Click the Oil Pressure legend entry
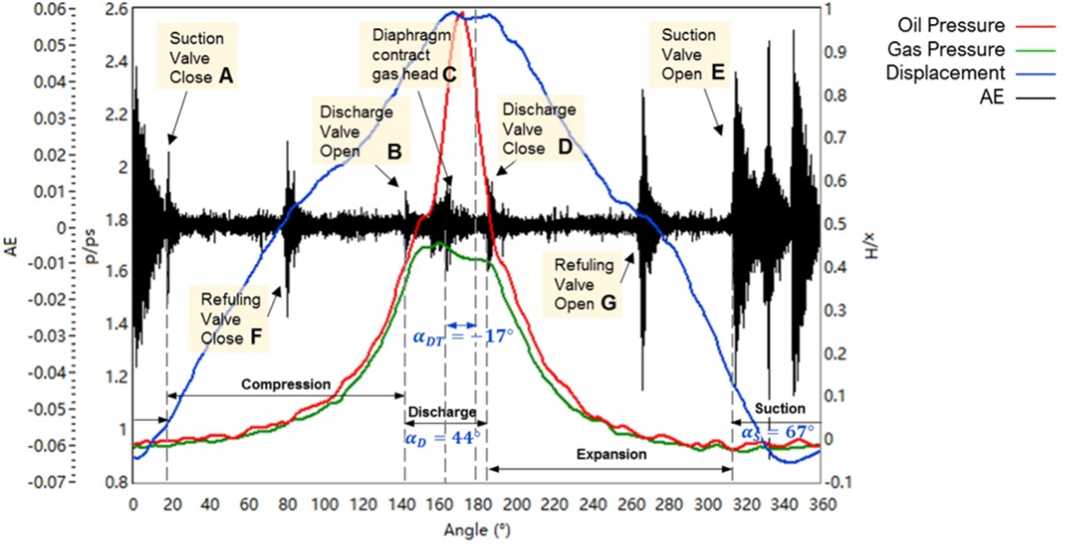click(x=951, y=26)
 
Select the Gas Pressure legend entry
click(x=951, y=49)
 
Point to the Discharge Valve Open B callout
click(x=357, y=131)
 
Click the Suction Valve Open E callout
click(x=692, y=54)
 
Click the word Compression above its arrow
click(x=285, y=385)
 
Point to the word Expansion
click(x=611, y=454)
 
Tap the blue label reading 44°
click(x=442, y=438)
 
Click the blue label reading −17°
click(x=463, y=337)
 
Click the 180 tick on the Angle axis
click(x=479, y=505)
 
